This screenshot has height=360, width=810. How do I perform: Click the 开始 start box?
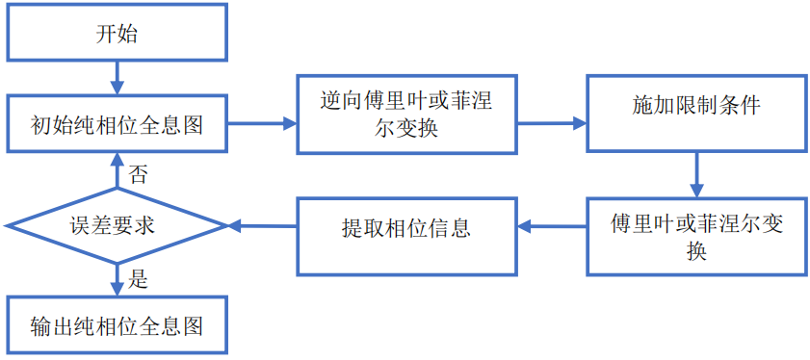point(117,34)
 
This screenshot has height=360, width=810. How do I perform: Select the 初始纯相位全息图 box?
point(117,124)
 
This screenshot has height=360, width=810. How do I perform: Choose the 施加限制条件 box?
point(695,106)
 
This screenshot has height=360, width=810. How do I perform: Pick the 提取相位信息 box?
point(405,228)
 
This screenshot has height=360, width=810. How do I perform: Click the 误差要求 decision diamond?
point(117,226)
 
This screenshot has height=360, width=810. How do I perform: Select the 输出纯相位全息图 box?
point(117,325)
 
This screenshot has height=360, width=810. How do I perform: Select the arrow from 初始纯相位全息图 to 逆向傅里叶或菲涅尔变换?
point(261,123)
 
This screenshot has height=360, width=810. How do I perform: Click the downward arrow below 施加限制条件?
point(695,175)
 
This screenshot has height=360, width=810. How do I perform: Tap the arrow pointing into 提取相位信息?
point(552,228)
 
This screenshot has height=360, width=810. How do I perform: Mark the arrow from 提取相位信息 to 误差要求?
point(262,227)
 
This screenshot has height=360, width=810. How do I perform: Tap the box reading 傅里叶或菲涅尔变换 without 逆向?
point(696,237)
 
